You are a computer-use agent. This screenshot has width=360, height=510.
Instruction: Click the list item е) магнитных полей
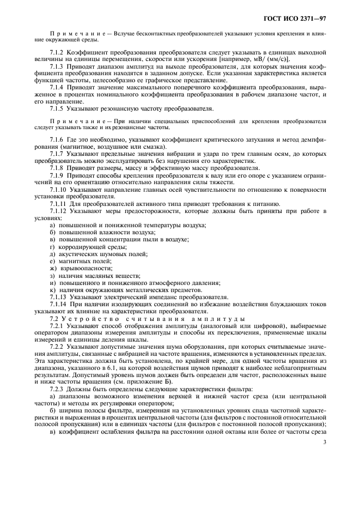coord(76,261)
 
